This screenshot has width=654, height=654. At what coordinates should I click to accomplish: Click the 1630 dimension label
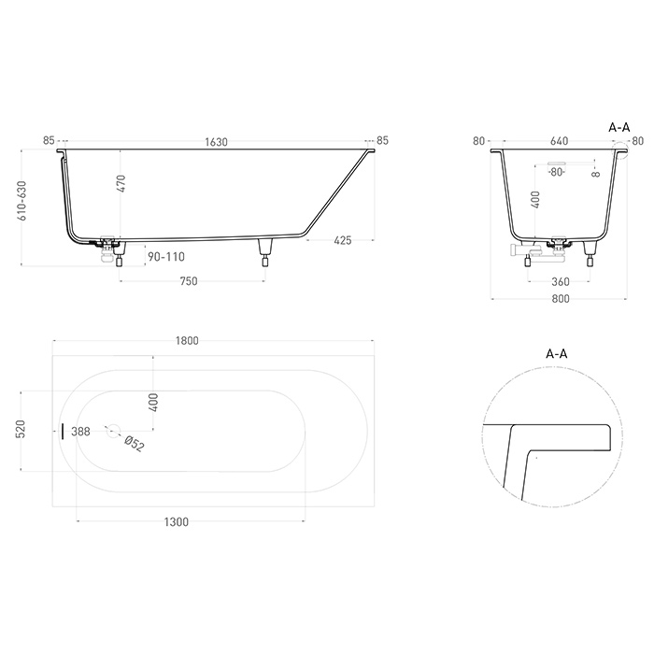216,142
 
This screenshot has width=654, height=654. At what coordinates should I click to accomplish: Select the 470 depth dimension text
121,184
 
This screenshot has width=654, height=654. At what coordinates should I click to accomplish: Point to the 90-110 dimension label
164,254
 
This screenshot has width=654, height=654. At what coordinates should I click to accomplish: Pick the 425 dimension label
342,241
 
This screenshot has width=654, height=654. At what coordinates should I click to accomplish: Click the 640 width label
560,142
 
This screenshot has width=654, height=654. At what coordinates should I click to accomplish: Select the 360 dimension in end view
560,281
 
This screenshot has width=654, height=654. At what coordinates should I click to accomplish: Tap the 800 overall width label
560,299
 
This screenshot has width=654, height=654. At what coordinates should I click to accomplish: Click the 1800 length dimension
187,341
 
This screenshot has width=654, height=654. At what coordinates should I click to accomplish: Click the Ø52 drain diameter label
135,444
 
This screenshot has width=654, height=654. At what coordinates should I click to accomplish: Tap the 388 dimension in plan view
80,432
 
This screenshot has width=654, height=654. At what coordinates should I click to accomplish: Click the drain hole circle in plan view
114,432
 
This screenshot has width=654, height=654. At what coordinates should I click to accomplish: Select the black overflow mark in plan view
63,432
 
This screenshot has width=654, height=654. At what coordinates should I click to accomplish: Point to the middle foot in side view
265,249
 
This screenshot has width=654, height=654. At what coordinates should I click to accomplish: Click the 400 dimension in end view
534,200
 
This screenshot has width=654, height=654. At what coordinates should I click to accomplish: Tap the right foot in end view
590,253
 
